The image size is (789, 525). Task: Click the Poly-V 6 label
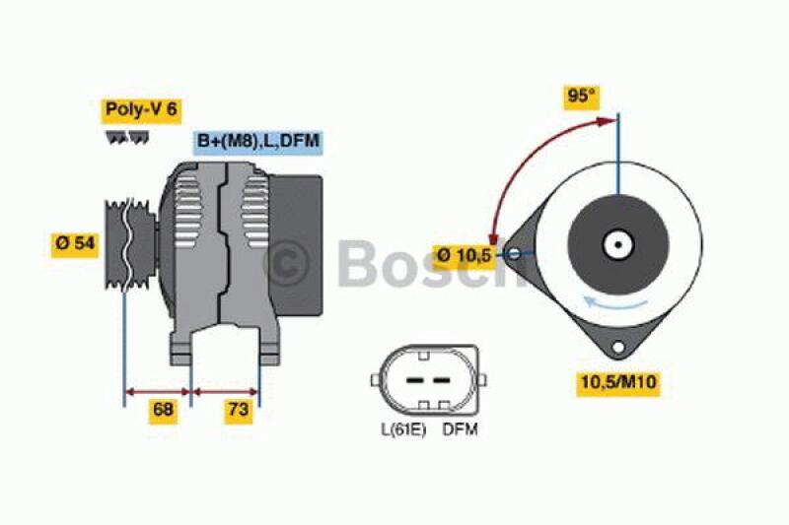tap(140, 109)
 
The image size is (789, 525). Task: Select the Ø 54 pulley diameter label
tap(75, 243)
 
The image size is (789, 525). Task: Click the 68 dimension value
tap(163, 411)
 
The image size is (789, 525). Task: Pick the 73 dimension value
tap(237, 411)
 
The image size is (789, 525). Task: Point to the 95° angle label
tap(582, 97)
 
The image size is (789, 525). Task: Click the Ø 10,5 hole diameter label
tap(464, 256)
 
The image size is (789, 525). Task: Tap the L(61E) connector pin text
tap(402, 429)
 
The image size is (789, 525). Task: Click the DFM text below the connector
tap(460, 429)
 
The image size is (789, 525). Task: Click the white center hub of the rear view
tap(618, 244)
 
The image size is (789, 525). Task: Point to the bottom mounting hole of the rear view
tap(618, 347)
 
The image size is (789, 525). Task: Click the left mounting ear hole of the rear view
tap(514, 256)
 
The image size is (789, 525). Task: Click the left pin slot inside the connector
tap(415, 379)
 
